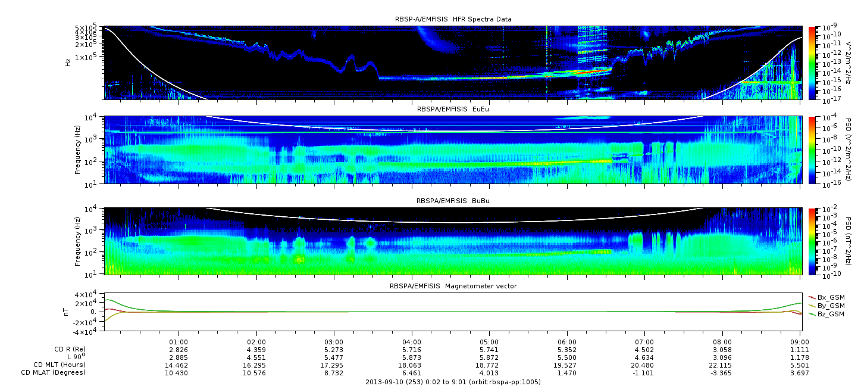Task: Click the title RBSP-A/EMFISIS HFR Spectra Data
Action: point(453,19)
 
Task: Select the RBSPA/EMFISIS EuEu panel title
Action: point(453,109)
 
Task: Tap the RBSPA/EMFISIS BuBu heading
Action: point(453,201)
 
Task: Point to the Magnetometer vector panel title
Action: point(453,286)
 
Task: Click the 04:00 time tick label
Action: point(412,343)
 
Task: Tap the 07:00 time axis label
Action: point(644,343)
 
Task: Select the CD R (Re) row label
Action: point(70,350)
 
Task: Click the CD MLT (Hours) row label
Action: point(60,365)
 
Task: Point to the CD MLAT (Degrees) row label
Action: point(54,373)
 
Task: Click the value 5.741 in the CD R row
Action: point(489,350)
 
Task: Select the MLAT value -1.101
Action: point(643,373)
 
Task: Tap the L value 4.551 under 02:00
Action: point(256,358)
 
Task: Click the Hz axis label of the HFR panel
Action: point(68,63)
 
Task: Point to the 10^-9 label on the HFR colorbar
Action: point(829,27)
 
